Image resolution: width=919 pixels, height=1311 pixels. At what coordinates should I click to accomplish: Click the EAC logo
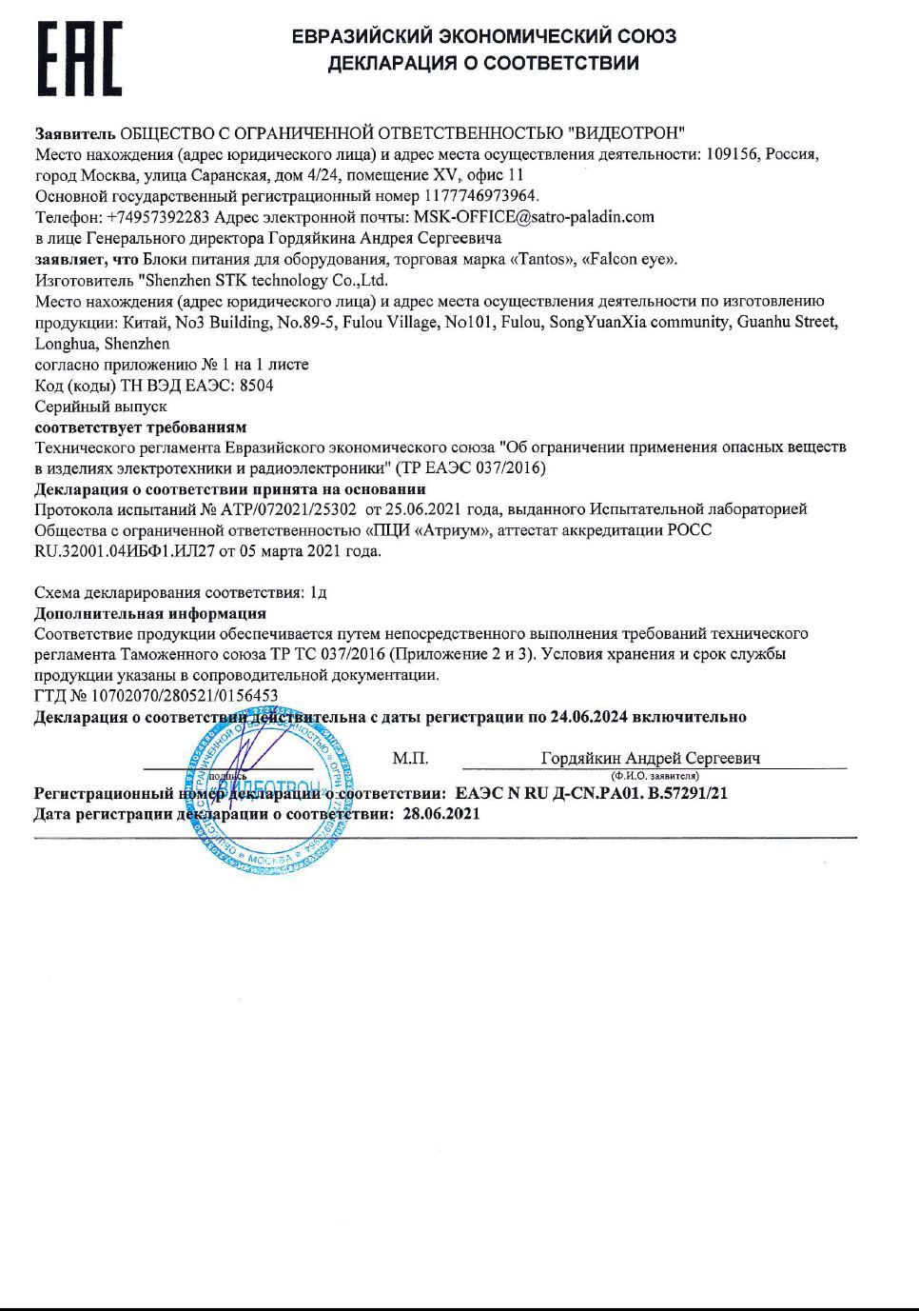pyautogui.click(x=80, y=59)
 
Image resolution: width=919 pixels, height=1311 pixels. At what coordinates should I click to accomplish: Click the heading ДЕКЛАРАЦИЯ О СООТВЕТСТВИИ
pyautogui.click(x=483, y=64)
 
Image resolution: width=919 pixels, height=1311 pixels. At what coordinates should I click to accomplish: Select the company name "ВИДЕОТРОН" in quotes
pyautogui.click(x=626, y=133)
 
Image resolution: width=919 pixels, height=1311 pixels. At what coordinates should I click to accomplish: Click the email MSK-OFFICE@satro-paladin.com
pyautogui.click(x=534, y=217)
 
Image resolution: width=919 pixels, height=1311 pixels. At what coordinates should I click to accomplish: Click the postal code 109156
pyautogui.click(x=733, y=154)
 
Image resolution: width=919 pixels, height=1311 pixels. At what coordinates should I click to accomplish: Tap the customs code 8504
pyautogui.click(x=257, y=386)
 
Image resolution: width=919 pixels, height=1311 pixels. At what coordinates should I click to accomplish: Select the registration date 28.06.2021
pyautogui.click(x=441, y=814)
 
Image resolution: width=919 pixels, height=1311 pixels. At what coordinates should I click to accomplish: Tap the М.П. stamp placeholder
pyautogui.click(x=410, y=759)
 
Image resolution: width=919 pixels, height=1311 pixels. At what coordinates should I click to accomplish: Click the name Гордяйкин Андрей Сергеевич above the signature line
pyautogui.click(x=651, y=759)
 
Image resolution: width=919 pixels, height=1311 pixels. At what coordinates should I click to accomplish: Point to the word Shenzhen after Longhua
pyautogui.click(x=137, y=344)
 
